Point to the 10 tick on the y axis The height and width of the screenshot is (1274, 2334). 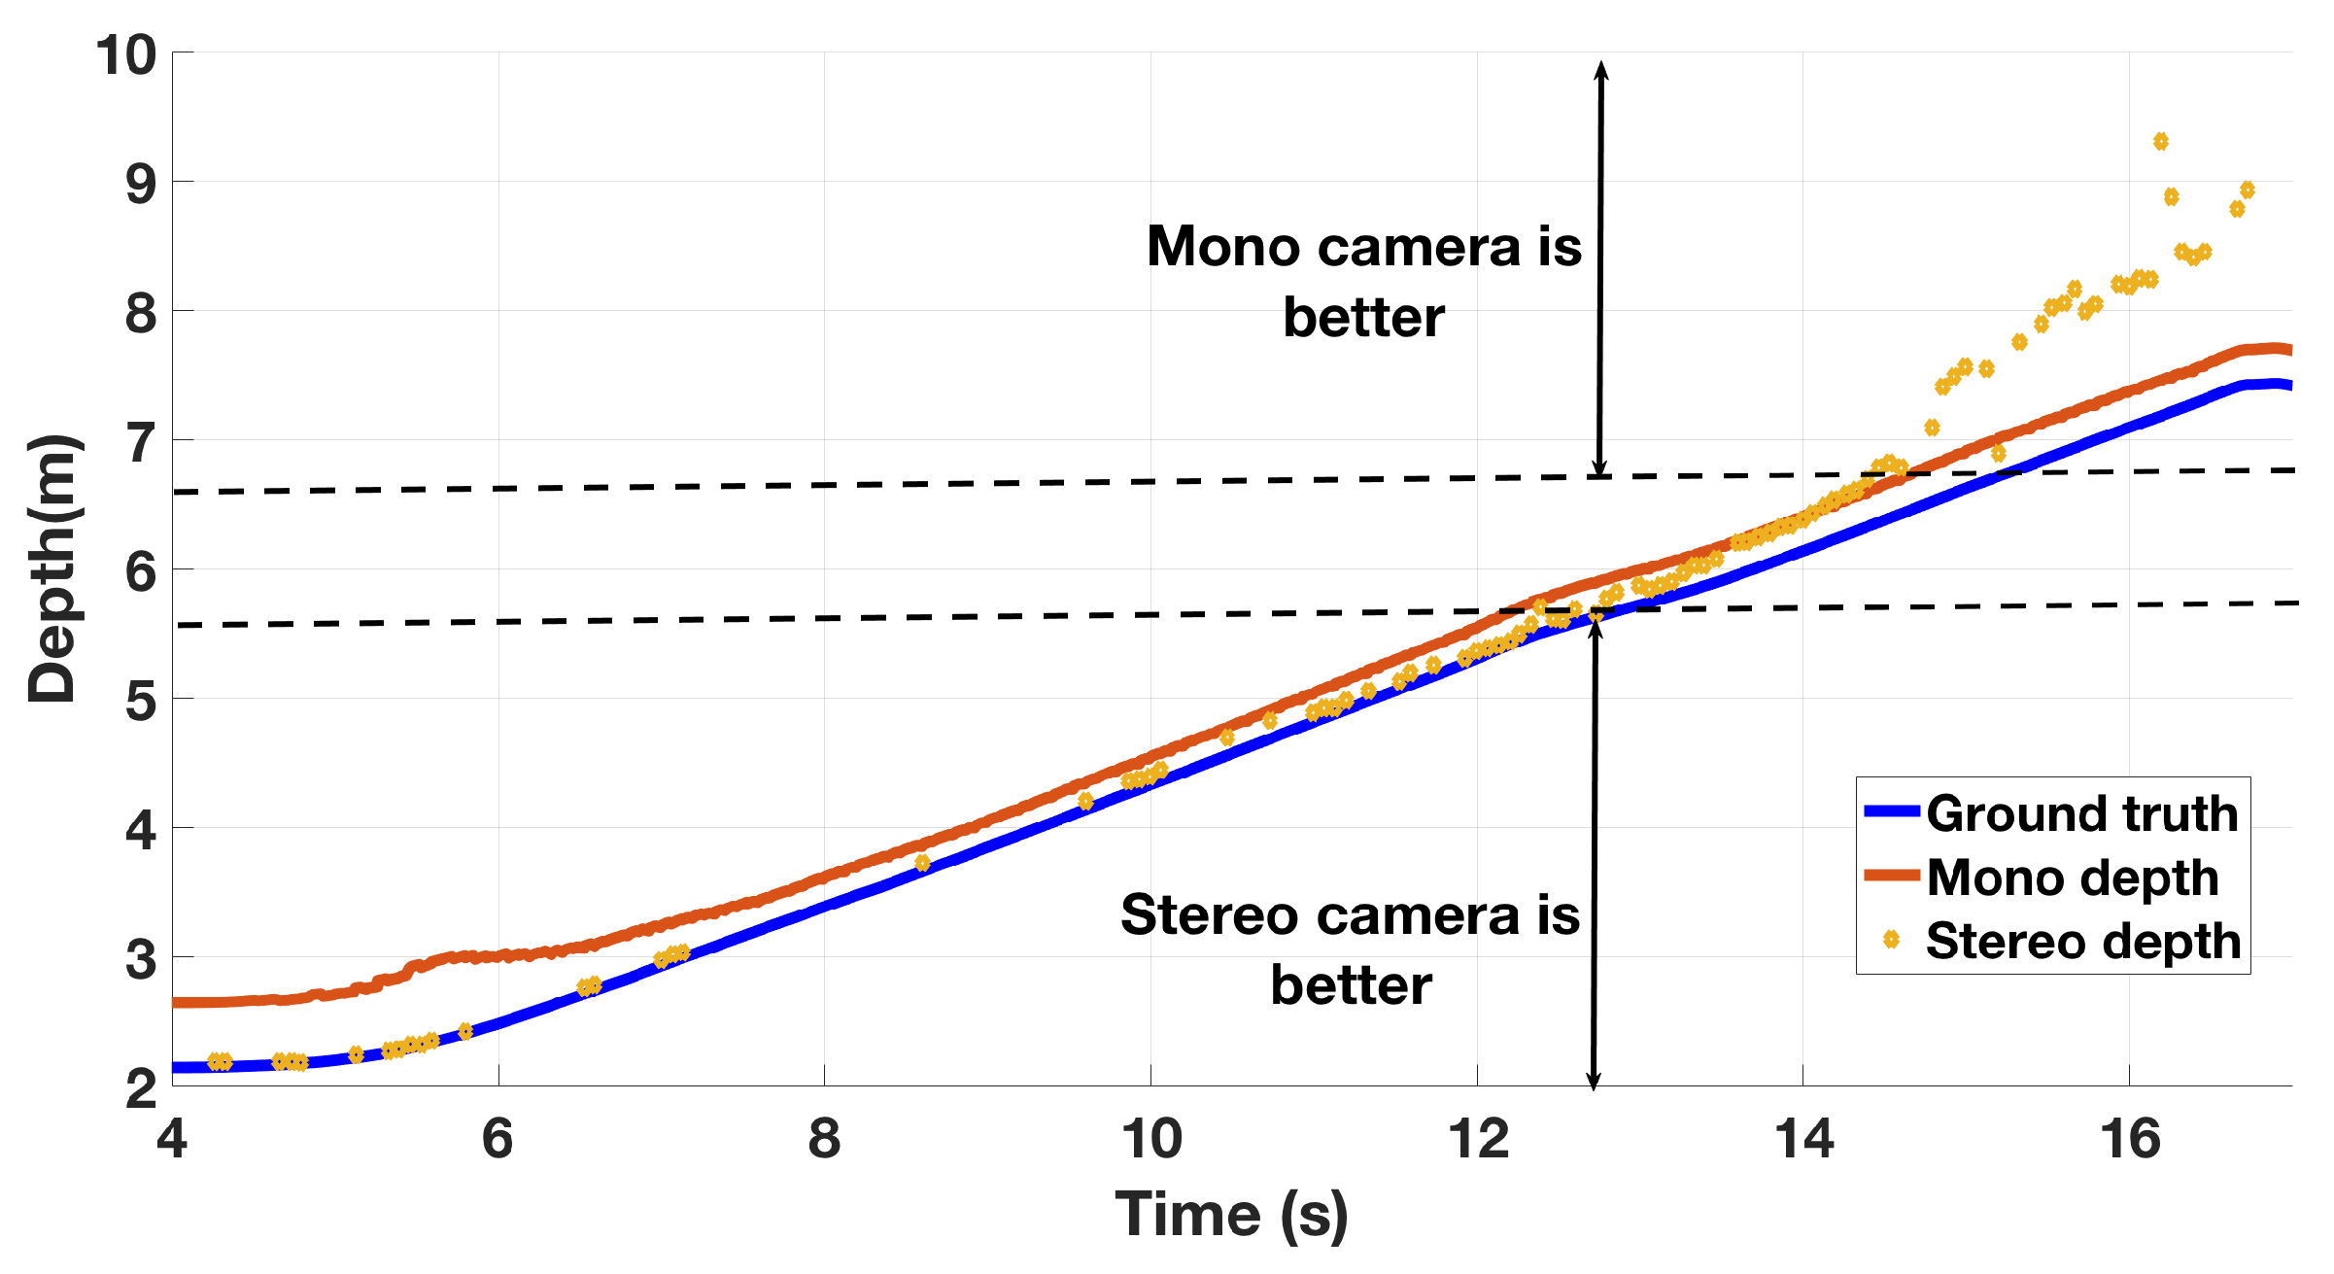pyautogui.click(x=126, y=54)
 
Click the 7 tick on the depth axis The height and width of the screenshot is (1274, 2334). pyautogui.click(x=140, y=442)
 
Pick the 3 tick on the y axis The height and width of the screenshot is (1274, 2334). pyautogui.click(x=140, y=959)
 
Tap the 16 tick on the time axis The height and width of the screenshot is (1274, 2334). pyautogui.click(x=2129, y=1138)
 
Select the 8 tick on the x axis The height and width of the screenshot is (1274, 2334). pyautogui.click(x=824, y=1138)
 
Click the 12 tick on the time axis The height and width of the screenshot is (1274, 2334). pyautogui.click(x=1477, y=1138)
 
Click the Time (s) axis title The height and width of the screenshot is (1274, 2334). pyautogui.click(x=1231, y=1215)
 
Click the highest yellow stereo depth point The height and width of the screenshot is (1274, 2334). pyautogui.click(x=2160, y=142)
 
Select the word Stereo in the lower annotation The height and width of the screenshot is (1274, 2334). pyautogui.click(x=1209, y=915)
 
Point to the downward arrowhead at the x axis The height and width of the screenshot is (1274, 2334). pyautogui.click(x=1594, y=1081)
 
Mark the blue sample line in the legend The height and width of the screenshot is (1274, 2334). pyautogui.click(x=1891, y=811)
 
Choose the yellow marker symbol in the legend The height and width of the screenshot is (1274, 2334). pyautogui.click(x=1891, y=939)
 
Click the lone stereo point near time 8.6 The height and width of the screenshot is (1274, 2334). pyautogui.click(x=922, y=863)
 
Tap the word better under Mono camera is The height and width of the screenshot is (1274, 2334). pyautogui.click(x=1363, y=319)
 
